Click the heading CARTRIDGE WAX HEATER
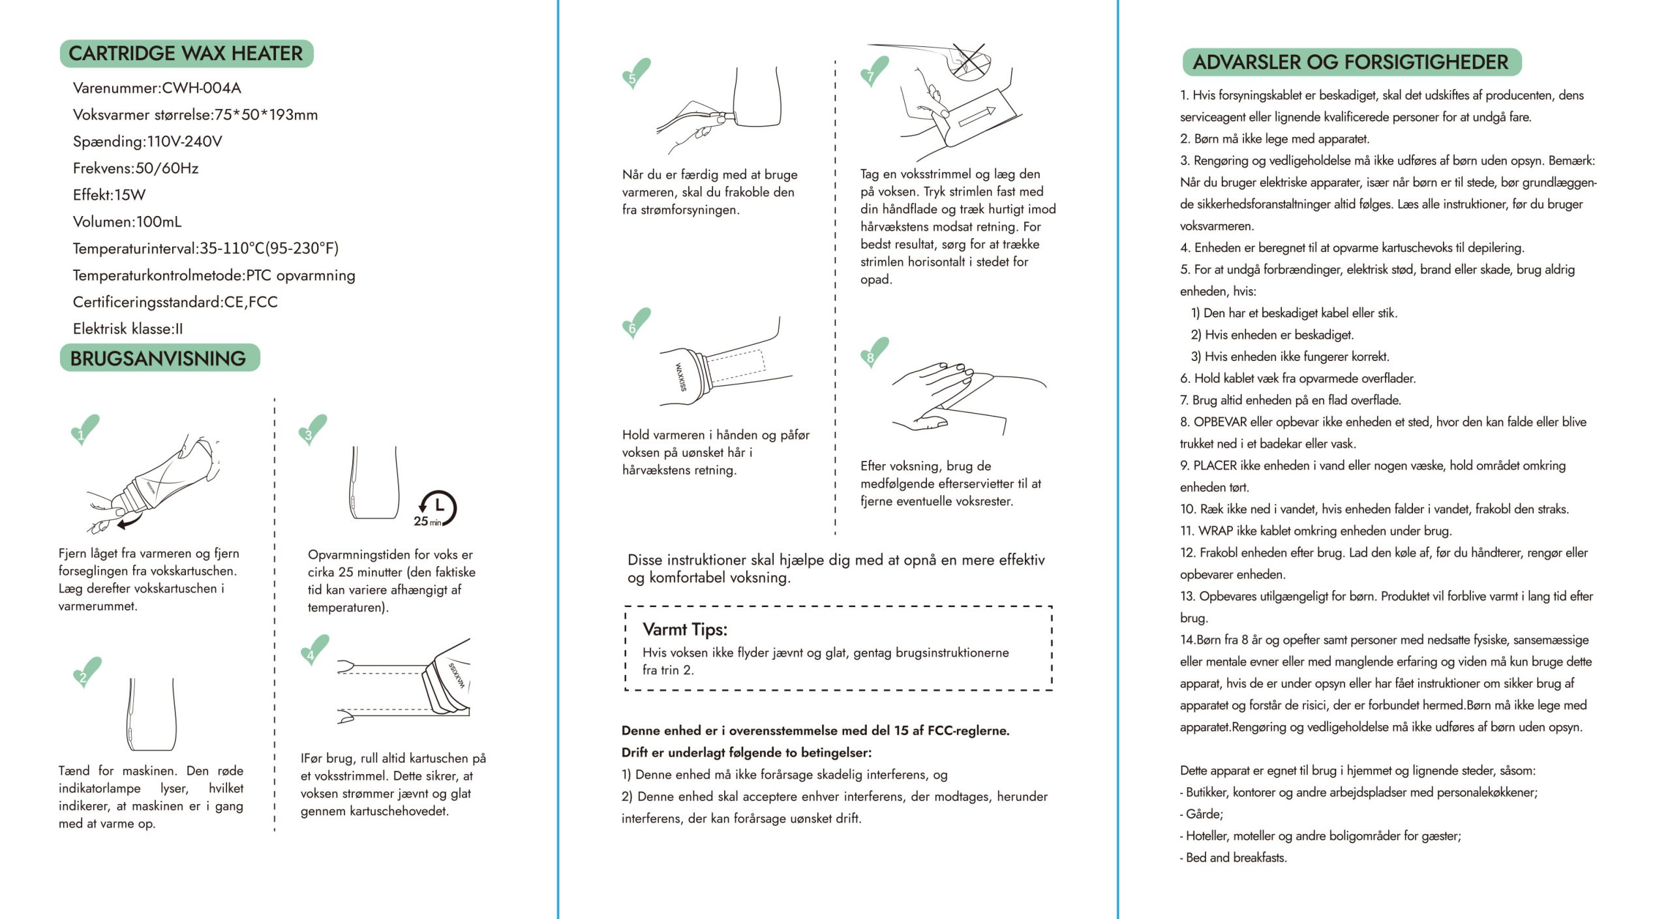pyautogui.click(x=186, y=54)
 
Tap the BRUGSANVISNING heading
pyautogui.click(x=159, y=358)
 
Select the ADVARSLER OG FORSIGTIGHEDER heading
pyautogui.click(x=1350, y=62)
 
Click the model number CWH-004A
pyautogui.click(x=202, y=88)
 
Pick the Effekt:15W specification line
pyautogui.click(x=110, y=195)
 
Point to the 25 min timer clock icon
pyautogui.click(x=438, y=508)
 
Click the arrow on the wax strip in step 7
pyautogui.click(x=977, y=117)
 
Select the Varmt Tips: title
pyautogui.click(x=684, y=629)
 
